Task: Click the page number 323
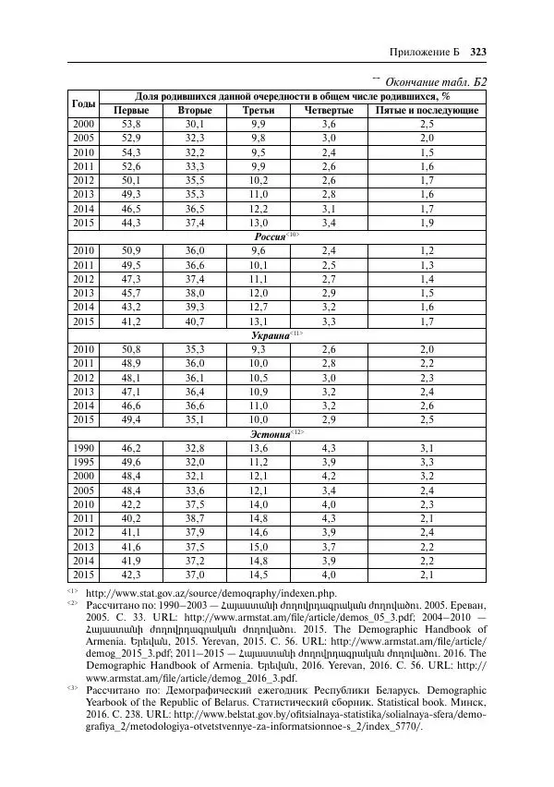[477, 51]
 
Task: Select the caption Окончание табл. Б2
[432, 83]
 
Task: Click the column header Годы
[83, 103]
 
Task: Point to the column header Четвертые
[329, 110]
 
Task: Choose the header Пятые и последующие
[427, 110]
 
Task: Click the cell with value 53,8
[131, 124]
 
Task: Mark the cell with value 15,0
[258, 548]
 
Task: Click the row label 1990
[84, 448]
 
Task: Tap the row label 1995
[84, 461]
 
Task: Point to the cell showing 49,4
[131, 420]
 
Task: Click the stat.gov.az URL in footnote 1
[211, 592]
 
